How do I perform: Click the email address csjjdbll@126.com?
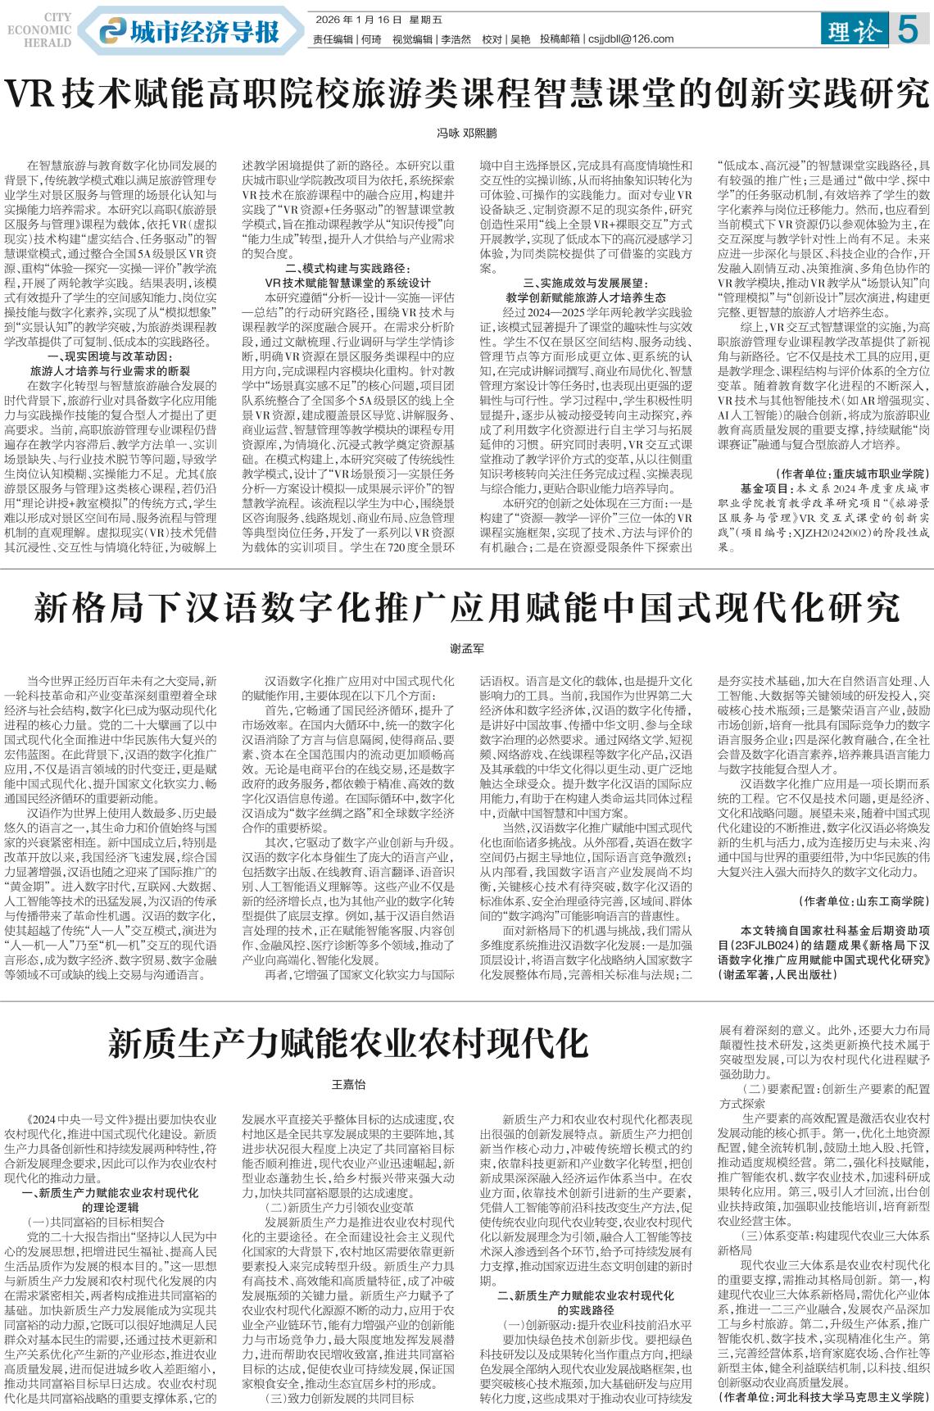point(631,39)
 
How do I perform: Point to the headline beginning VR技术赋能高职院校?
point(466,94)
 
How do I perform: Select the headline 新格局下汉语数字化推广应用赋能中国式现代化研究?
point(466,610)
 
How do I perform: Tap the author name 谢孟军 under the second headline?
point(467,648)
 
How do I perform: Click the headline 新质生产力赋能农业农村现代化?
point(348,1045)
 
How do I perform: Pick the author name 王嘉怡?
point(347,1084)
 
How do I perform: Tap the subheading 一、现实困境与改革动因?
point(108,333)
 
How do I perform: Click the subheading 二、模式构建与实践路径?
point(347,268)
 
